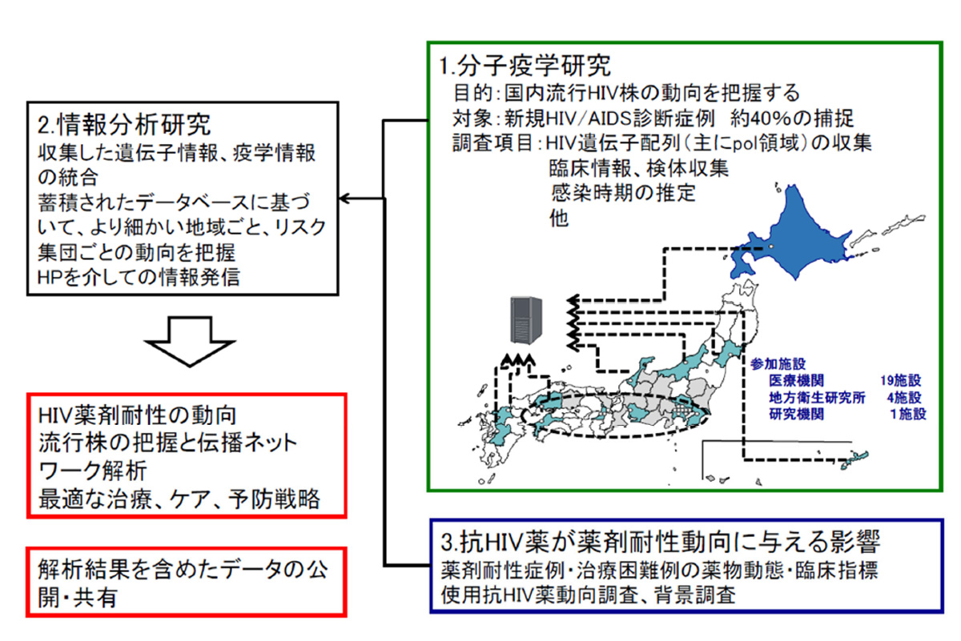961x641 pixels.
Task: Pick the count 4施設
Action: (903, 398)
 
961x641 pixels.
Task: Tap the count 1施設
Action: (907, 415)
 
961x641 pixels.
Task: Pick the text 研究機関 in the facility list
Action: (795, 415)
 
